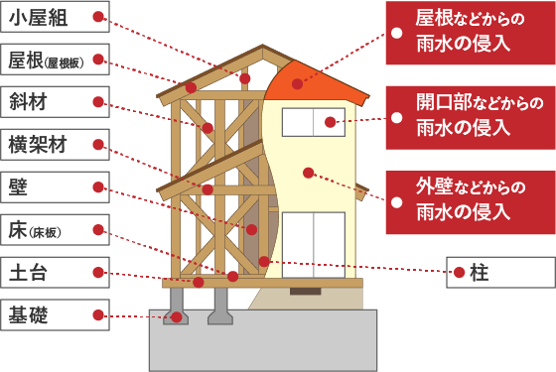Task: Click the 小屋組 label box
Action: click(x=55, y=17)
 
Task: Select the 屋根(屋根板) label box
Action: click(x=55, y=60)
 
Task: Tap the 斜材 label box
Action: click(x=55, y=102)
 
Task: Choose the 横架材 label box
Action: click(x=55, y=145)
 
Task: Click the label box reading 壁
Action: click(x=55, y=187)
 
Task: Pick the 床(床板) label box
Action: click(x=55, y=230)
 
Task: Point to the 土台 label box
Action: click(x=55, y=273)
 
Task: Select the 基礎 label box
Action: click(x=55, y=315)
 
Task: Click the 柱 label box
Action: click(x=500, y=273)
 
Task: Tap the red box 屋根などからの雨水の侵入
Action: click(x=471, y=33)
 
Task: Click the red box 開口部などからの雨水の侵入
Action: click(x=471, y=118)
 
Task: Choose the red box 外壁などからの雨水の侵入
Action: click(x=471, y=202)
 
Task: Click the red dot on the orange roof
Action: click(x=297, y=84)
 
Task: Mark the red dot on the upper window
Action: click(x=330, y=122)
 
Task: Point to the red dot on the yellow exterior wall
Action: click(x=309, y=173)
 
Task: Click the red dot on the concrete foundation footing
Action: click(x=177, y=317)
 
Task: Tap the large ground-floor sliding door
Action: click(x=314, y=245)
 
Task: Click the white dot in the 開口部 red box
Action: click(x=397, y=118)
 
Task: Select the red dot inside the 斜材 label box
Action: click(x=98, y=102)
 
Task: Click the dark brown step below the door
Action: click(x=306, y=292)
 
